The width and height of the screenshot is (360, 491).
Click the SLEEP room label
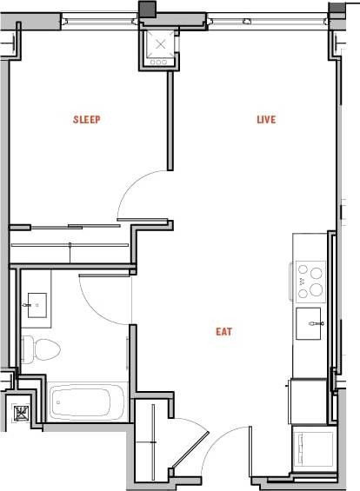click(87, 120)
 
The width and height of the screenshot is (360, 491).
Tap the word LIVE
click(266, 120)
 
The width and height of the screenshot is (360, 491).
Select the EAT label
click(225, 331)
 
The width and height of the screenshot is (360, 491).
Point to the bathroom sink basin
click(37, 303)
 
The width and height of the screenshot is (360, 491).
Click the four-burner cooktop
click(310, 280)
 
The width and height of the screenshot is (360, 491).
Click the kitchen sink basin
click(309, 322)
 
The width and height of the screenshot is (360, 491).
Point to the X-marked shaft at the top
click(158, 46)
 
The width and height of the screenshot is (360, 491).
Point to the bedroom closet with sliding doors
click(70, 244)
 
